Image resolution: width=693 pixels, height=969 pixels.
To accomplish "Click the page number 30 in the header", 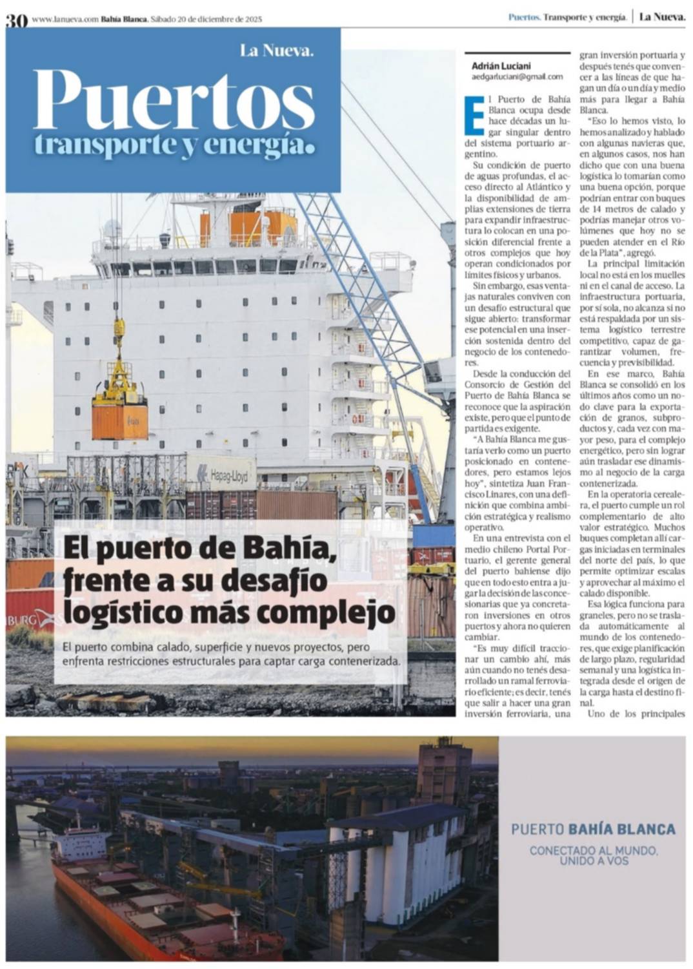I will pos(17,20).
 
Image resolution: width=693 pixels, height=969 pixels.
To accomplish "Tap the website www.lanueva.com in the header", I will pos(65,19).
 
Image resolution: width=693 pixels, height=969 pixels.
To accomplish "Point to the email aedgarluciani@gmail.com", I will pos(517,76).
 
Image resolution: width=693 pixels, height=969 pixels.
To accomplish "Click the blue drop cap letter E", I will pos(474,115).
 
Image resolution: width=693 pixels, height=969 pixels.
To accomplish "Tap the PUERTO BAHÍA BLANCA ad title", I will pos(593,829).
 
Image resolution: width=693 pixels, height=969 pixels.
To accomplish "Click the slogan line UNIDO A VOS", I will pos(594,861).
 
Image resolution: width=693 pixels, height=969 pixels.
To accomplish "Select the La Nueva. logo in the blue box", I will pos(277,50).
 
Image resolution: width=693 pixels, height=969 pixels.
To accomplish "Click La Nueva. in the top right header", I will pos(661,17).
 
